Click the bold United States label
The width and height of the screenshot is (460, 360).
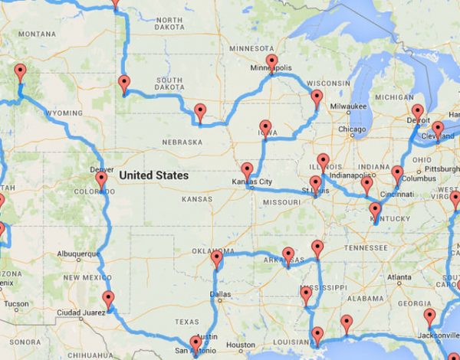153,175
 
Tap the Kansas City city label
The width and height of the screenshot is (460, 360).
251,182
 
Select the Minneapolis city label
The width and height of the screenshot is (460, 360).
271,67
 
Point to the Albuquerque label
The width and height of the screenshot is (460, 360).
79,254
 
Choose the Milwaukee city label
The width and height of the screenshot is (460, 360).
350,106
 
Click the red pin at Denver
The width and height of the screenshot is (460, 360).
101,181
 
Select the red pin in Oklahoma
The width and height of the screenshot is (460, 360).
216,260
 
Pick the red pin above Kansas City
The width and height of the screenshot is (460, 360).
247,170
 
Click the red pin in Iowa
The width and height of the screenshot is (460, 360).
265,127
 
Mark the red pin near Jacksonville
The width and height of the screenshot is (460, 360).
429,316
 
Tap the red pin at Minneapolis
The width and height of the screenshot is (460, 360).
271,61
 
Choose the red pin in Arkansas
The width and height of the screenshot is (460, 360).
288,255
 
